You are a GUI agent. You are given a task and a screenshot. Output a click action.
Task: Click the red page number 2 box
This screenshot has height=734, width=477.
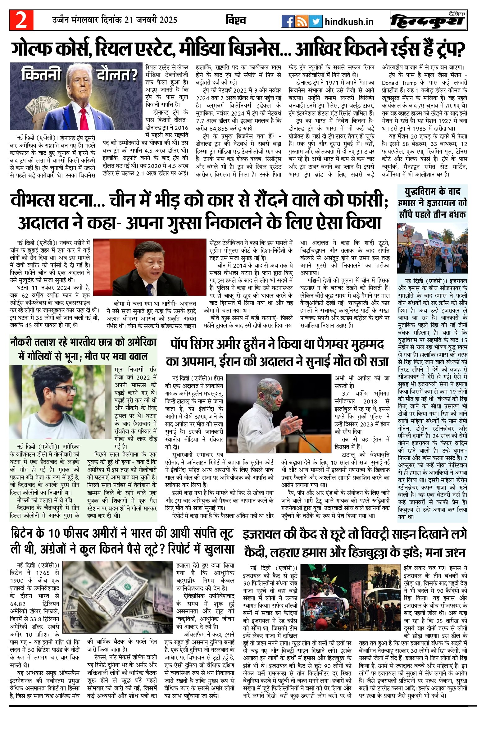tap(21, 20)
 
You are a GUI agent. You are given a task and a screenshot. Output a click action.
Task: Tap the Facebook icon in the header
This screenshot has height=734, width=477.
tap(288, 21)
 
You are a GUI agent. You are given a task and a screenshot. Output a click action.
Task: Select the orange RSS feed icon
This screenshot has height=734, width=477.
tap(302, 21)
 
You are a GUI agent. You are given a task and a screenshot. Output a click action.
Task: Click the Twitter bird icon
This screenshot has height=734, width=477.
tap(316, 21)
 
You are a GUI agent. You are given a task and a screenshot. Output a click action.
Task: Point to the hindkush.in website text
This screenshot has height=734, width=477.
tap(349, 22)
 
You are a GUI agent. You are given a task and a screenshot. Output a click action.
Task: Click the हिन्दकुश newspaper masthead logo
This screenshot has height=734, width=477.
tap(428, 21)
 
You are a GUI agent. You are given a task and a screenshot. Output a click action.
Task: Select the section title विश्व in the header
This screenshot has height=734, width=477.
tap(236, 21)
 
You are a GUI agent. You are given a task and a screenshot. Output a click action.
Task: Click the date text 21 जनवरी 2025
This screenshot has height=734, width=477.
tap(151, 20)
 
